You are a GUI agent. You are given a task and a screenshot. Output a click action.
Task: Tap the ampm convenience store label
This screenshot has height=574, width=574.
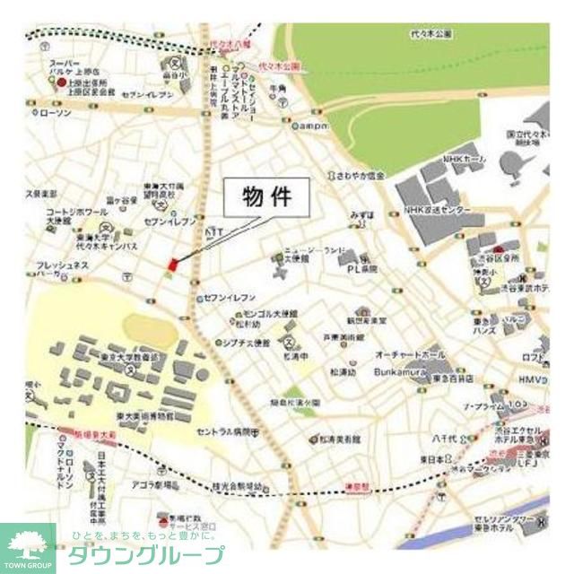tap(316, 126)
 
